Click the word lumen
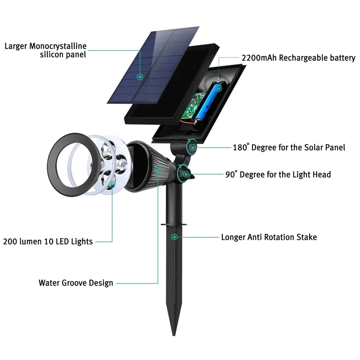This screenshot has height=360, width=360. (34, 241)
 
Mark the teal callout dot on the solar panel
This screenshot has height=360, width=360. (140, 77)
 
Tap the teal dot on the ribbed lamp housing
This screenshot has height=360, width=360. (158, 170)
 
